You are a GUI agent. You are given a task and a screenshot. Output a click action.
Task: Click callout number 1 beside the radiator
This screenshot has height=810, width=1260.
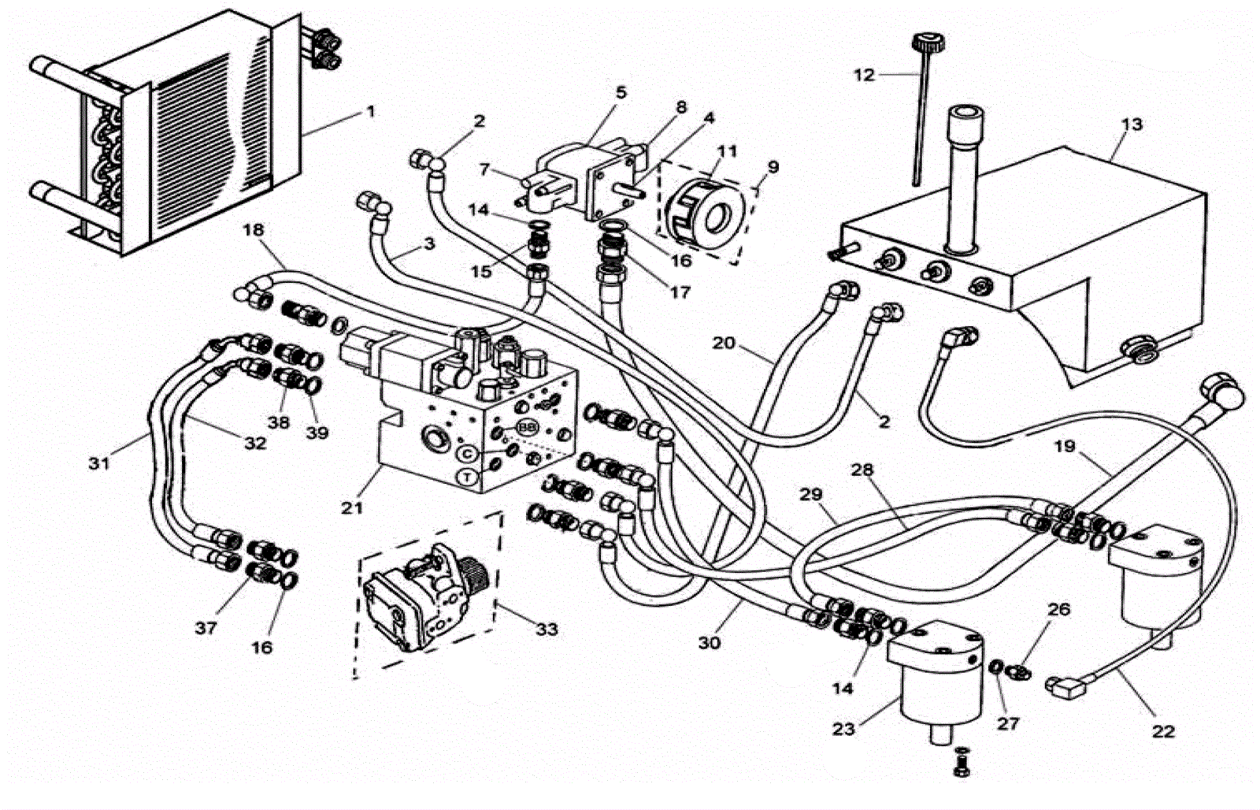point(370,111)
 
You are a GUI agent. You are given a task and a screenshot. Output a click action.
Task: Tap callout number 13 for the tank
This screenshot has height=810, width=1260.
point(1132,124)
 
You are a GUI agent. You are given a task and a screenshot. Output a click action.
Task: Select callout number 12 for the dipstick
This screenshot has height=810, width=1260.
point(865,75)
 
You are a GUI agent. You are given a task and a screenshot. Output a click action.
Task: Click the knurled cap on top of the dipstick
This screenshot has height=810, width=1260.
point(928,43)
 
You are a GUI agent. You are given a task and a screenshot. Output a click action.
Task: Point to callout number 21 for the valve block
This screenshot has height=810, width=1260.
point(352,507)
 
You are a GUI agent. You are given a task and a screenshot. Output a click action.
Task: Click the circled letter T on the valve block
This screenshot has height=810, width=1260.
point(467,477)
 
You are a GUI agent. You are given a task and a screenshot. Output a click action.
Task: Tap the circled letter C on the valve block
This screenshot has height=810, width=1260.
point(469,453)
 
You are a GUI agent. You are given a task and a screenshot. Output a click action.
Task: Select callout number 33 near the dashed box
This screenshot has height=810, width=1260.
point(547,629)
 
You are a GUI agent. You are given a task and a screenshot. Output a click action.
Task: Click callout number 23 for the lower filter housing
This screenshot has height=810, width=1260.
point(843,729)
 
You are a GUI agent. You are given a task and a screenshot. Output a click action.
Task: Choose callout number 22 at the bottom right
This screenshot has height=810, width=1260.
point(1163,731)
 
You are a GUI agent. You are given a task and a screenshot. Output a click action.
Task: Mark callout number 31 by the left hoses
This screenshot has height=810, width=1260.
point(99,463)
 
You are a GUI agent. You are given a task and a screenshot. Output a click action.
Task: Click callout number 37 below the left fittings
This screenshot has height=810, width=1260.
point(206,628)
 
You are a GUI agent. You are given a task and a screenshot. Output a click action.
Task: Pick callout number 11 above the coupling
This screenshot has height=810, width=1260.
point(727,151)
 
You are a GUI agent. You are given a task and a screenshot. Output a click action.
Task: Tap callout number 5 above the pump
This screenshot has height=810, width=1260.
point(621,92)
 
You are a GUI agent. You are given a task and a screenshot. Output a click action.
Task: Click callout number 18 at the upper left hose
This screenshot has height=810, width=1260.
point(254,229)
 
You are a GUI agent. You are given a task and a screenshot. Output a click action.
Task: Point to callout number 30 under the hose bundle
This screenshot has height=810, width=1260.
point(709,642)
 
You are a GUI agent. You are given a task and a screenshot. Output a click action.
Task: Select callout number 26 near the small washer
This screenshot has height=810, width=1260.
point(1058,609)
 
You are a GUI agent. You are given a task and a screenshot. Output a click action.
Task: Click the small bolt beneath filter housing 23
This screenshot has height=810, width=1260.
point(962,763)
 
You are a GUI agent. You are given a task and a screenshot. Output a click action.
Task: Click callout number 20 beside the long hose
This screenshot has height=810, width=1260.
point(724,342)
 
